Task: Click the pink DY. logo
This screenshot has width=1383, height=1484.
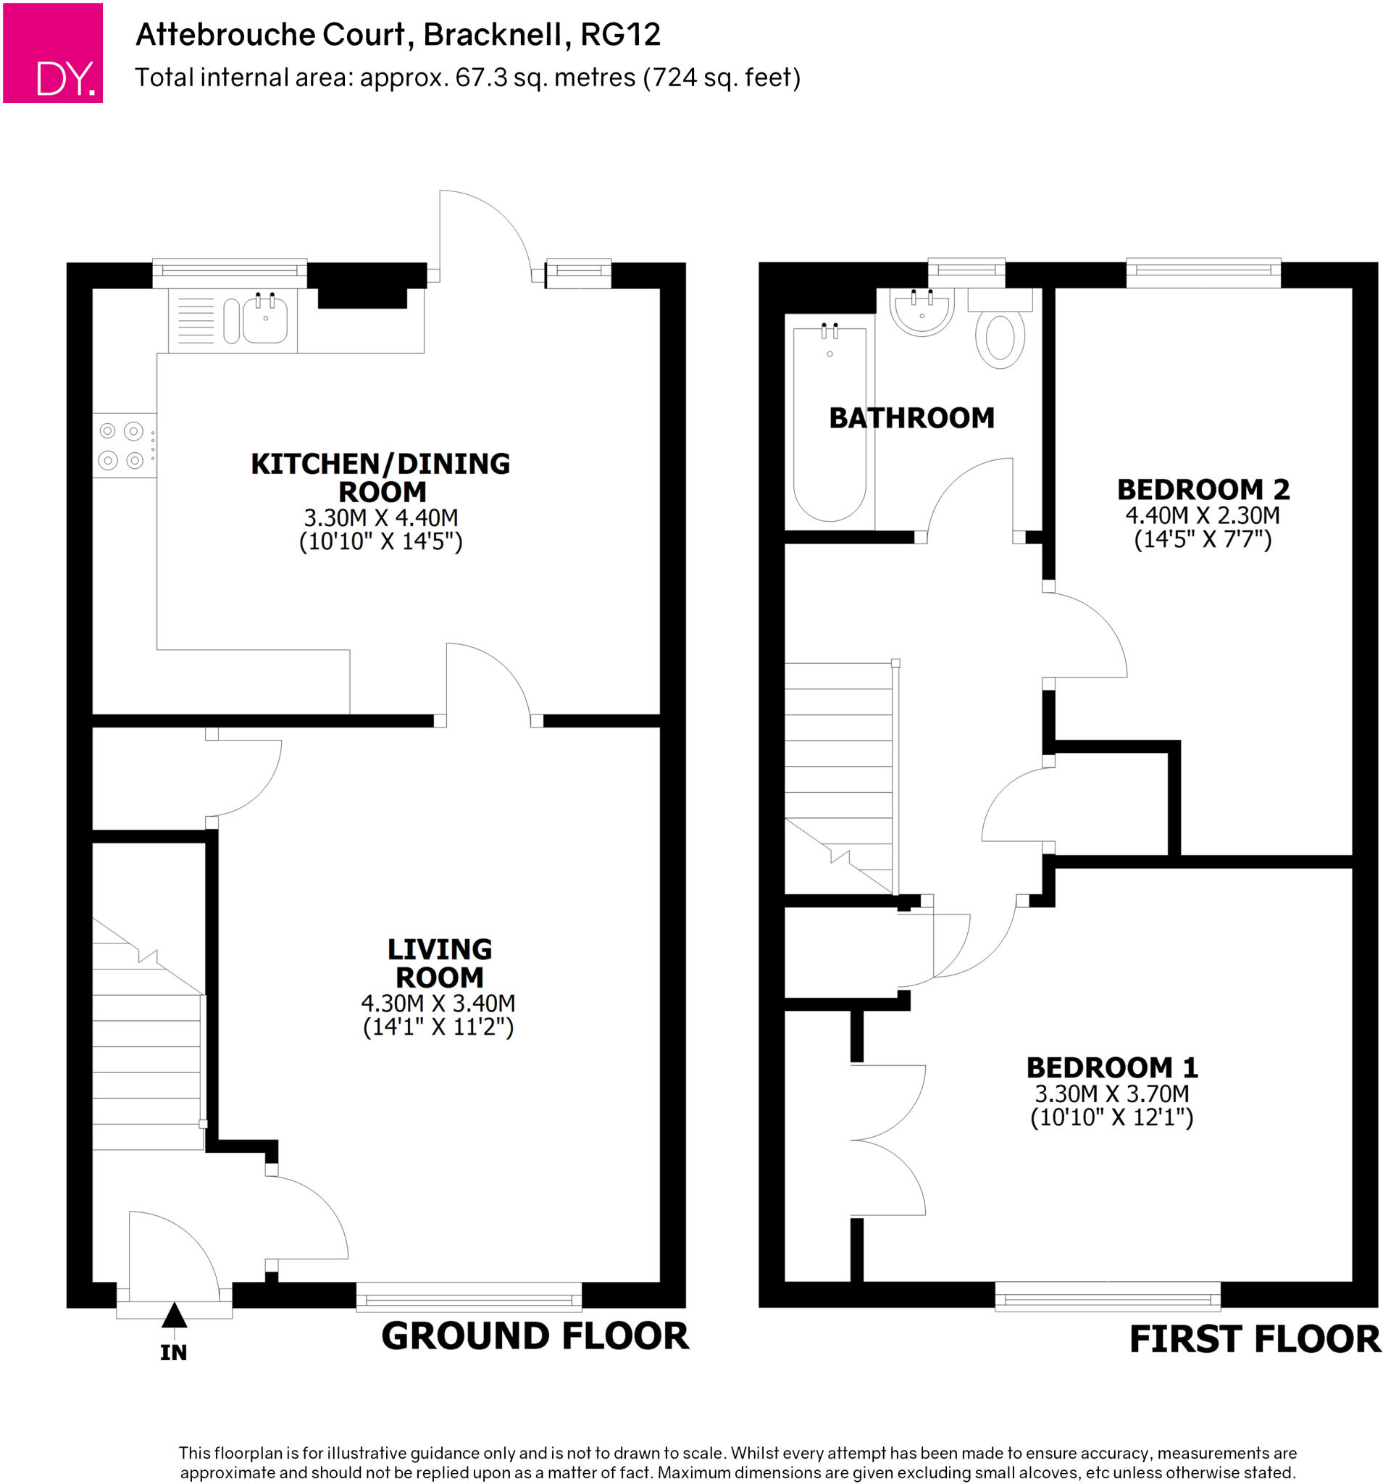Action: (x=52, y=53)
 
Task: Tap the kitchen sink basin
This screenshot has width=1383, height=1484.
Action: (x=265, y=321)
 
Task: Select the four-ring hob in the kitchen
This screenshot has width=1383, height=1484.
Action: (x=124, y=445)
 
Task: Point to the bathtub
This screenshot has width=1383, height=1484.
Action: (x=829, y=422)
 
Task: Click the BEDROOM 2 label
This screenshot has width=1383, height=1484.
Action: (x=1203, y=490)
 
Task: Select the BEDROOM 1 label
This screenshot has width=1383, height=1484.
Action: (x=1111, y=1067)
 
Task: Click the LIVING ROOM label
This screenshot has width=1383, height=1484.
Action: (x=439, y=963)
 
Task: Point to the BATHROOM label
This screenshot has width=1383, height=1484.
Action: (x=911, y=418)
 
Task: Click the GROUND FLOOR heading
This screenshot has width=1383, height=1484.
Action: (x=535, y=1336)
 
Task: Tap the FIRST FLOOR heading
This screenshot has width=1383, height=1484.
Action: (x=1254, y=1339)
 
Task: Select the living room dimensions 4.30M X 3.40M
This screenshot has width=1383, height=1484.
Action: (x=438, y=1004)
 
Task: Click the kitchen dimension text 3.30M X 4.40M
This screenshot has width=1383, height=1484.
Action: (x=380, y=517)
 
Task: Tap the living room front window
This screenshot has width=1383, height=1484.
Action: (x=469, y=1296)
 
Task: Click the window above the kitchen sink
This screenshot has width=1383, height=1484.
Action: (x=229, y=272)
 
